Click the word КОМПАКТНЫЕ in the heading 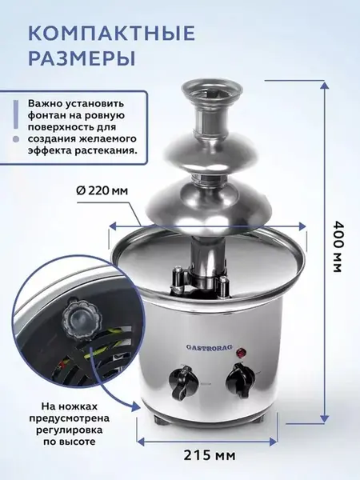point(112,33)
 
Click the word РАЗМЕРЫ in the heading point(82,58)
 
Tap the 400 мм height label point(336,246)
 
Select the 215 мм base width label point(210,455)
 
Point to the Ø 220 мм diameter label point(102,190)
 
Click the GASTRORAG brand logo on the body point(210,347)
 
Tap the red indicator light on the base point(242,352)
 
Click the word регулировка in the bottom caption point(69,430)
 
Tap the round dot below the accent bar point(16,139)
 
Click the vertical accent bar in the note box point(16,114)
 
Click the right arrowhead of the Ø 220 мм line point(302,226)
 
